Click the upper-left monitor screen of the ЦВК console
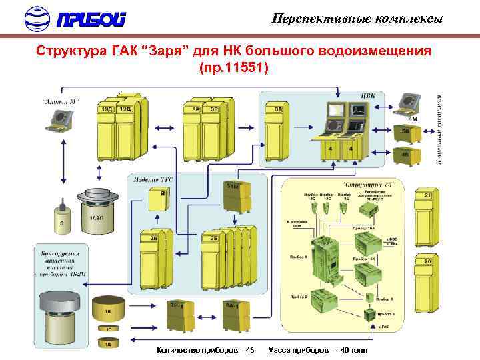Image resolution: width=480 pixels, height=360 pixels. (334, 111)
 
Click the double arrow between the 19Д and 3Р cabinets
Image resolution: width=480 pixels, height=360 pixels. (164, 143)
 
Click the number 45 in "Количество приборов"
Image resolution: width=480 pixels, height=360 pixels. (249, 350)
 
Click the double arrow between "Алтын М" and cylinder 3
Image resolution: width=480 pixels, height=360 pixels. (62, 166)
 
